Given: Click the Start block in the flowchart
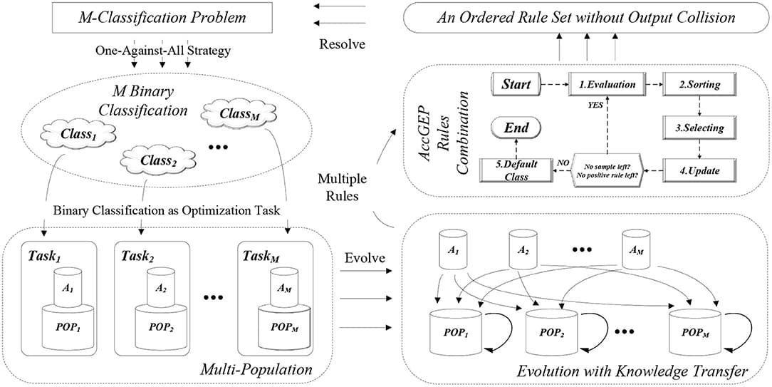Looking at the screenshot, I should [516, 84].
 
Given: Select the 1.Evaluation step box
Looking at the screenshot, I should [607, 84].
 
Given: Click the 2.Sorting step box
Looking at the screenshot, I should [699, 84].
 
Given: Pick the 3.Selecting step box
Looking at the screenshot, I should [699, 128].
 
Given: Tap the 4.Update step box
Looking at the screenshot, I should [699, 171].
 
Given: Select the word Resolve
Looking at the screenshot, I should [343, 44].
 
